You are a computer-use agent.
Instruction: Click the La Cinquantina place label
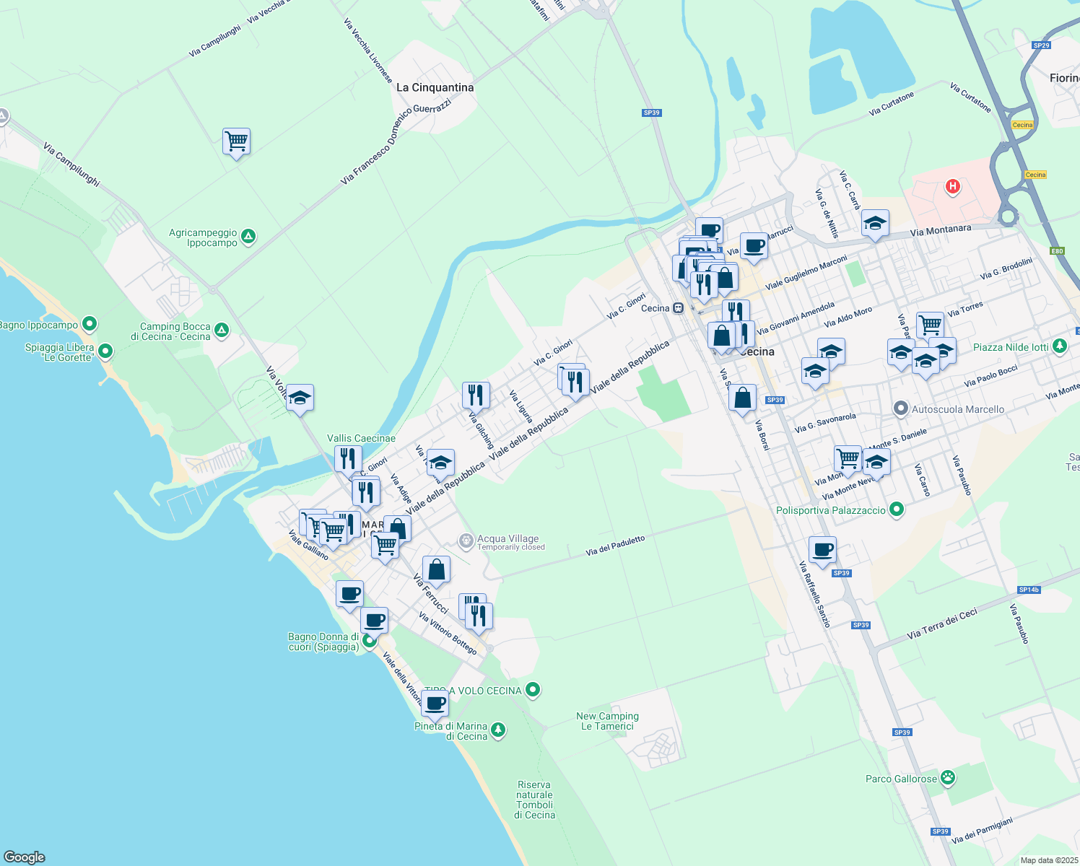(435, 87)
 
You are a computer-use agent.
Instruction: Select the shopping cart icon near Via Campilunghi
(237, 141)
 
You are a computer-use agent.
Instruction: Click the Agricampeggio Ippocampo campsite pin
(248, 237)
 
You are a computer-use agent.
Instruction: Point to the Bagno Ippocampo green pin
(90, 324)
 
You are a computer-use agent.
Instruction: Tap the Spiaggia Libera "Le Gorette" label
(59, 352)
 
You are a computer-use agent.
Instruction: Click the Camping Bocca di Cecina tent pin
(222, 331)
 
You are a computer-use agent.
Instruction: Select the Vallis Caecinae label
(361, 438)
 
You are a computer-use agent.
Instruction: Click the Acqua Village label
(508, 538)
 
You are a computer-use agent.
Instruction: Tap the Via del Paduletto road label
(615, 546)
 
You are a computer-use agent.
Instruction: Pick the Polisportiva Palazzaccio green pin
(897, 509)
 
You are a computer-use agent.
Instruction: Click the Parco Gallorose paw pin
(948, 778)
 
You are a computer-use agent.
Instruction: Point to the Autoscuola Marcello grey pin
(900, 409)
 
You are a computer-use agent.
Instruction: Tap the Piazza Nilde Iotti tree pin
(1059, 346)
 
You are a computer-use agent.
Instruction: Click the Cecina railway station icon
(678, 308)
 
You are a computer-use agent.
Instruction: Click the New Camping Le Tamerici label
(607, 721)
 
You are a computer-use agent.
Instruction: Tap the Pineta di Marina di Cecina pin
(498, 731)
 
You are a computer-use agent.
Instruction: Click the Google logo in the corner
(24, 857)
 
